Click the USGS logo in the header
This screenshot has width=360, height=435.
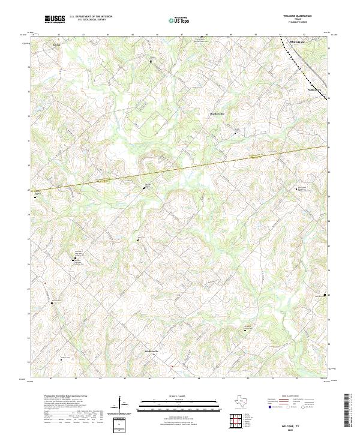coord(55,19)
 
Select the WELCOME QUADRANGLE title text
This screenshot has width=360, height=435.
coord(298,16)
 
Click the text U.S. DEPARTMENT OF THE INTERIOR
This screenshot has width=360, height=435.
coord(91,16)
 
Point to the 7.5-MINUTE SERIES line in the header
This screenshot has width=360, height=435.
coord(298,23)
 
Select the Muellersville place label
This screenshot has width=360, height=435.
coord(216,113)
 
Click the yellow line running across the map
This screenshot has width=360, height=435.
coord(180,169)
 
